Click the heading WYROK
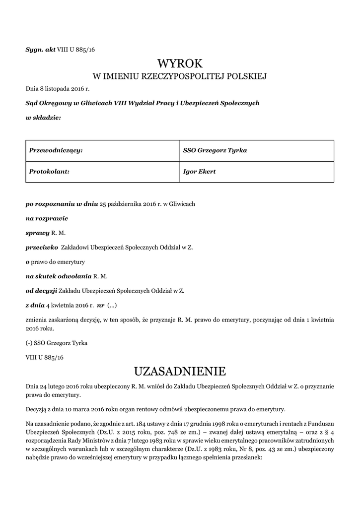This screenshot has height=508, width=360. coord(180,63)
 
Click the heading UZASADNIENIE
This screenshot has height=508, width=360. coord(180,372)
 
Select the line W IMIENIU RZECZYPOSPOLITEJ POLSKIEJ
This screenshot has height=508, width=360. coord(180,76)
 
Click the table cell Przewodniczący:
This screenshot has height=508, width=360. coord(56,150)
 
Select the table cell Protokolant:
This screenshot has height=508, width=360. coord(49,172)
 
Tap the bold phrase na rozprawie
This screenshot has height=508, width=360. coord(47,218)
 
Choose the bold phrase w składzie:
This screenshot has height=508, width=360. coord(43,118)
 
